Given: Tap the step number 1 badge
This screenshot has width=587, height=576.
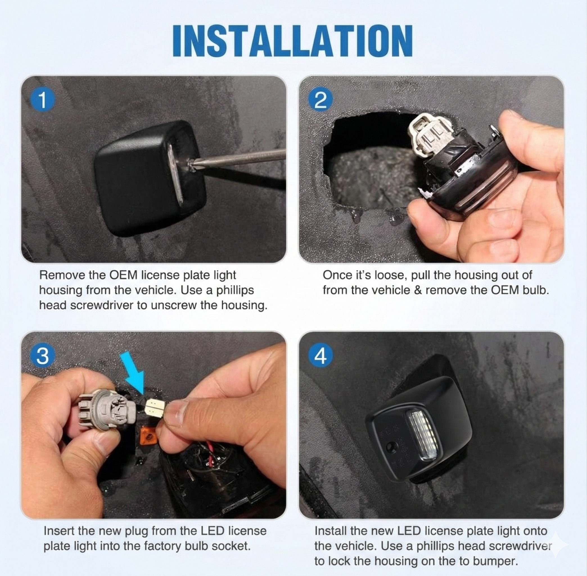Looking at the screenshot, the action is tap(43, 100).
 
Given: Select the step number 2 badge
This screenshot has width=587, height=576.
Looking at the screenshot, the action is tap(320, 100).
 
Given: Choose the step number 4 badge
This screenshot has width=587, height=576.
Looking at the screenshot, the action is tap(320, 356).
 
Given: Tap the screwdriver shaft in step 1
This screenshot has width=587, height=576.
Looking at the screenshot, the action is tap(239, 157).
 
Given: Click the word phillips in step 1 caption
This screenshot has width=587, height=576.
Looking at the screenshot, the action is tap(235, 290).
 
